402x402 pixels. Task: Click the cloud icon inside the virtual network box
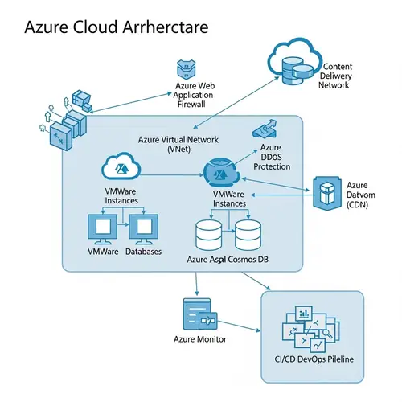pyautogui.click(x=121, y=167)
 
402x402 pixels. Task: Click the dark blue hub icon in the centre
pyautogui.click(x=218, y=172)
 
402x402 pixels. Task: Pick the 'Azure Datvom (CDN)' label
pyautogui.click(x=356, y=195)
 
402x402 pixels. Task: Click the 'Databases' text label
pyautogui.click(x=143, y=252)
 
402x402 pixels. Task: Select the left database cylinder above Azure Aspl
pyautogui.click(x=210, y=234)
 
